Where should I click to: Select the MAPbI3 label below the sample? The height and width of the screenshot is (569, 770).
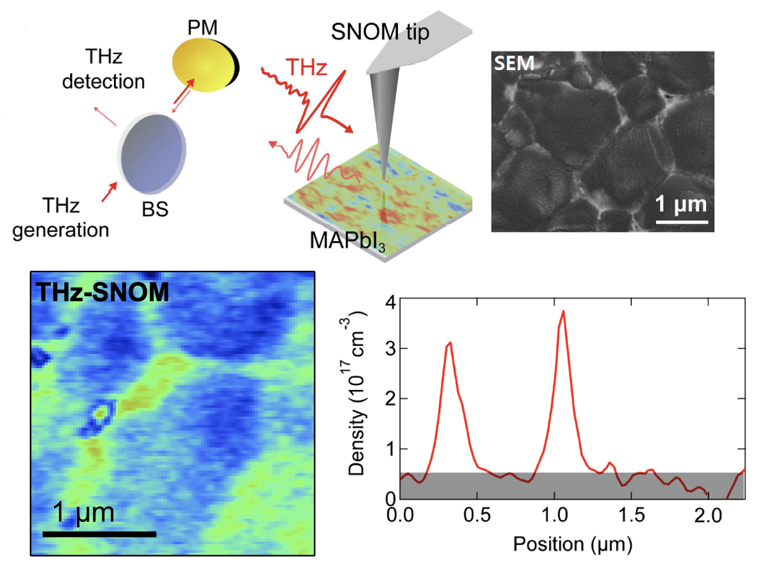pyautogui.click(x=347, y=239)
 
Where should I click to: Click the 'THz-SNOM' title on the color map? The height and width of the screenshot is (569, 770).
pyautogui.click(x=103, y=291)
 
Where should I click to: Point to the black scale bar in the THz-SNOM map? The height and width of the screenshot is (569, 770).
pyautogui.click(x=99, y=533)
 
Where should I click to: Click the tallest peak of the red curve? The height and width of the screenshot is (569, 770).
pyautogui.click(x=563, y=311)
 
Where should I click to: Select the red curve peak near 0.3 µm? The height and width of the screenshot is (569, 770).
pyautogui.click(x=450, y=342)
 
